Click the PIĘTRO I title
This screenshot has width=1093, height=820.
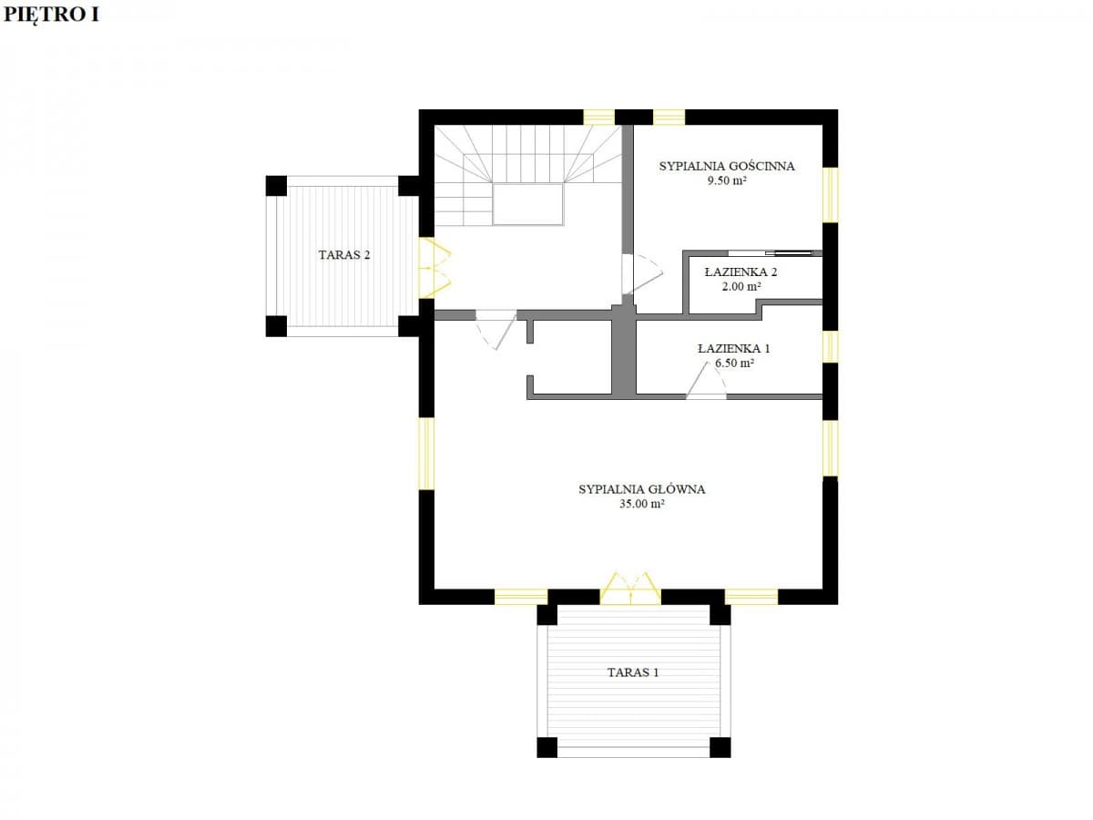[51, 15]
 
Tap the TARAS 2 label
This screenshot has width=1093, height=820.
[344, 255]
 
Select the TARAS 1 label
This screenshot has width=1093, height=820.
[633, 672]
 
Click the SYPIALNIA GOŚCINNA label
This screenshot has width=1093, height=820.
[727, 167]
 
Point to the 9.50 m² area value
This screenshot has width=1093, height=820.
[727, 180]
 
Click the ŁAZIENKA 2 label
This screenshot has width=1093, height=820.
[741, 272]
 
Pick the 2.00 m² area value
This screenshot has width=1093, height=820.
[741, 286]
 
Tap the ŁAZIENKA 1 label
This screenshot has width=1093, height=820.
[734, 349]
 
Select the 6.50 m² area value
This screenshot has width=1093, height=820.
[734, 363]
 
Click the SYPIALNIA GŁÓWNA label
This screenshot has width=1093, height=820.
[642, 489]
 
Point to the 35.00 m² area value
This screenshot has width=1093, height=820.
[642, 504]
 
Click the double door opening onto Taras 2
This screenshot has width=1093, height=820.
[434, 268]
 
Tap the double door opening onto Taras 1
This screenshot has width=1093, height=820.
[630, 589]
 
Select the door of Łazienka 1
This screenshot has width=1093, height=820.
[706, 381]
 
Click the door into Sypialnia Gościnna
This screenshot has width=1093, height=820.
[641, 274]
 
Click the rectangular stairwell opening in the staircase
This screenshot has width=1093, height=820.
[528, 204]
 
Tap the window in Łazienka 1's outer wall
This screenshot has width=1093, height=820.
[830, 346]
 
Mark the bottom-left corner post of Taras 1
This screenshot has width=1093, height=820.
[547, 747]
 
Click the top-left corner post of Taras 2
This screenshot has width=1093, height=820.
[276, 186]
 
